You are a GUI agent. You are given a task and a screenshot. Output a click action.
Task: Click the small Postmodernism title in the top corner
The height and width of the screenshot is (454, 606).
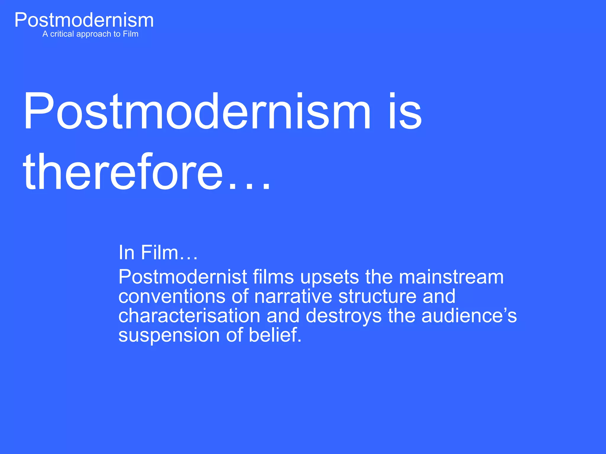(x=84, y=20)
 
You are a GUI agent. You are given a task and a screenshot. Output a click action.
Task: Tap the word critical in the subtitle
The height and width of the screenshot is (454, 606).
(x=62, y=34)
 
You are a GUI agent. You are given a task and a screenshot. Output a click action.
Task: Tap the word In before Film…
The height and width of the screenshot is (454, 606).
(x=126, y=252)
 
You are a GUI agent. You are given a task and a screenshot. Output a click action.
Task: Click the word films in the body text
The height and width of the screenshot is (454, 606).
(x=273, y=277)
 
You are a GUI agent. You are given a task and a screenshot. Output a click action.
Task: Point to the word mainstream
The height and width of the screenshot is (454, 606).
(x=451, y=277)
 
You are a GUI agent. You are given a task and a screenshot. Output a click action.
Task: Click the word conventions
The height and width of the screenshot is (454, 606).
(x=172, y=296)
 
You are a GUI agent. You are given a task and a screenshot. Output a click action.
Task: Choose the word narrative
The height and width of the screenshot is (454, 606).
(x=293, y=296)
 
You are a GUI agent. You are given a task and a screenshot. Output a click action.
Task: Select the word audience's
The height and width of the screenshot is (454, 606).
(x=469, y=316)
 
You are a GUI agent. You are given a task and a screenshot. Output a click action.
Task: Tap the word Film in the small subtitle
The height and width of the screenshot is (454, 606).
(x=130, y=34)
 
